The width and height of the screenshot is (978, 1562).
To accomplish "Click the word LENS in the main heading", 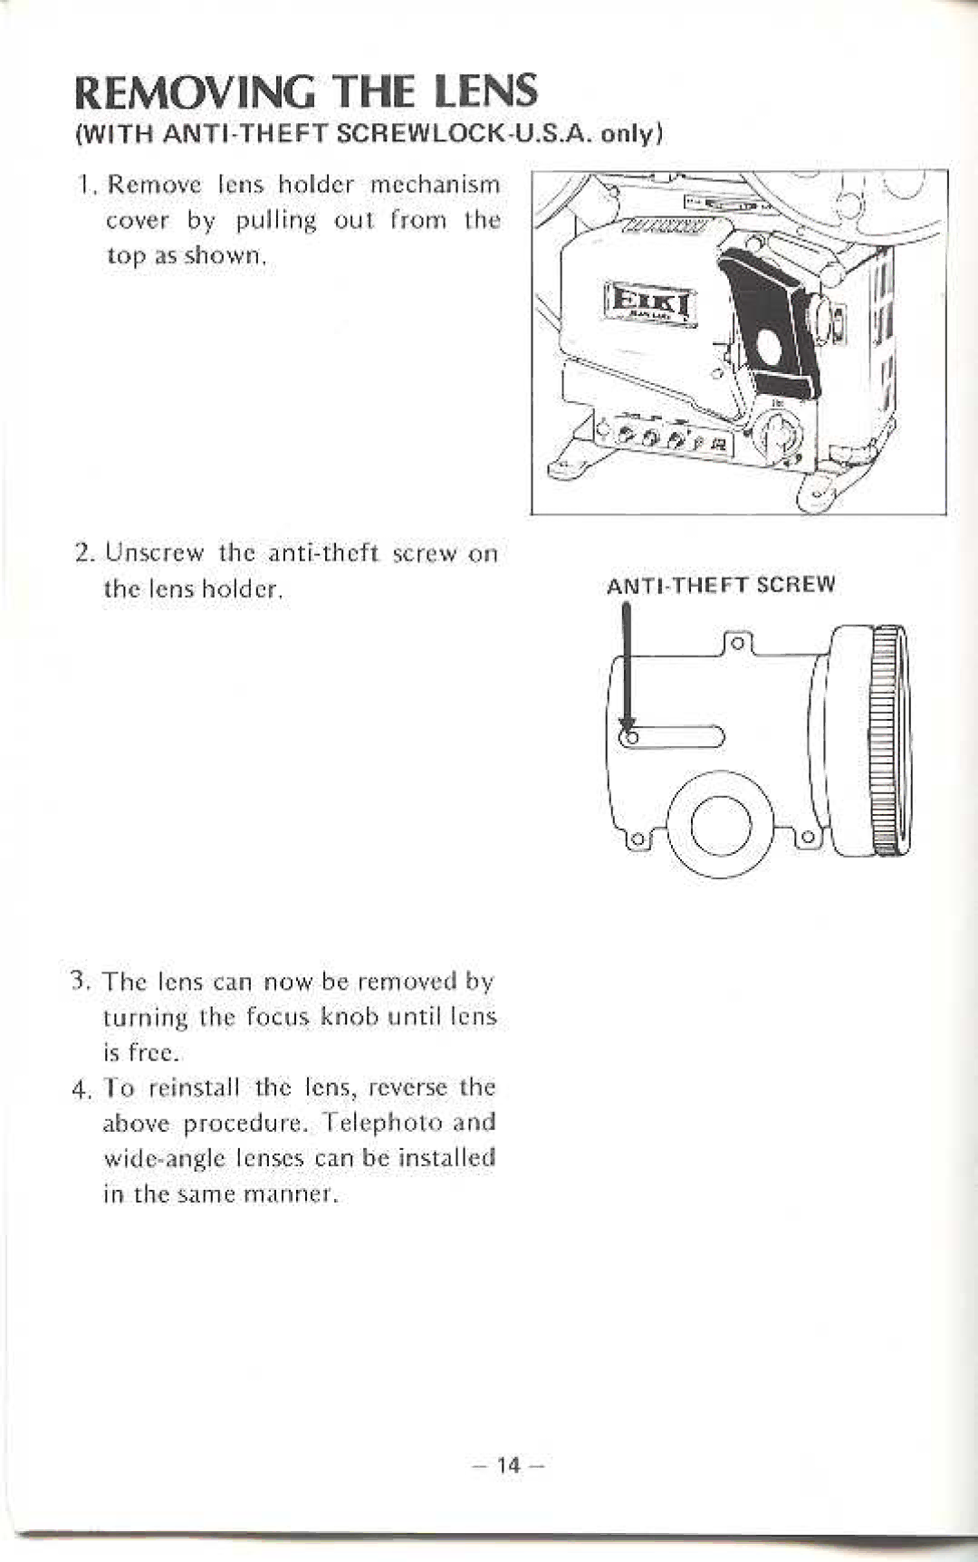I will (484, 92).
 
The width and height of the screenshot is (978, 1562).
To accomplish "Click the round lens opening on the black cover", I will (770, 346).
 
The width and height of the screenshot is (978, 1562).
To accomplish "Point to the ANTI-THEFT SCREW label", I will (721, 585).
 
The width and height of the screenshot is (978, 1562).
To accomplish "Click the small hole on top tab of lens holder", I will (737, 644).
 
